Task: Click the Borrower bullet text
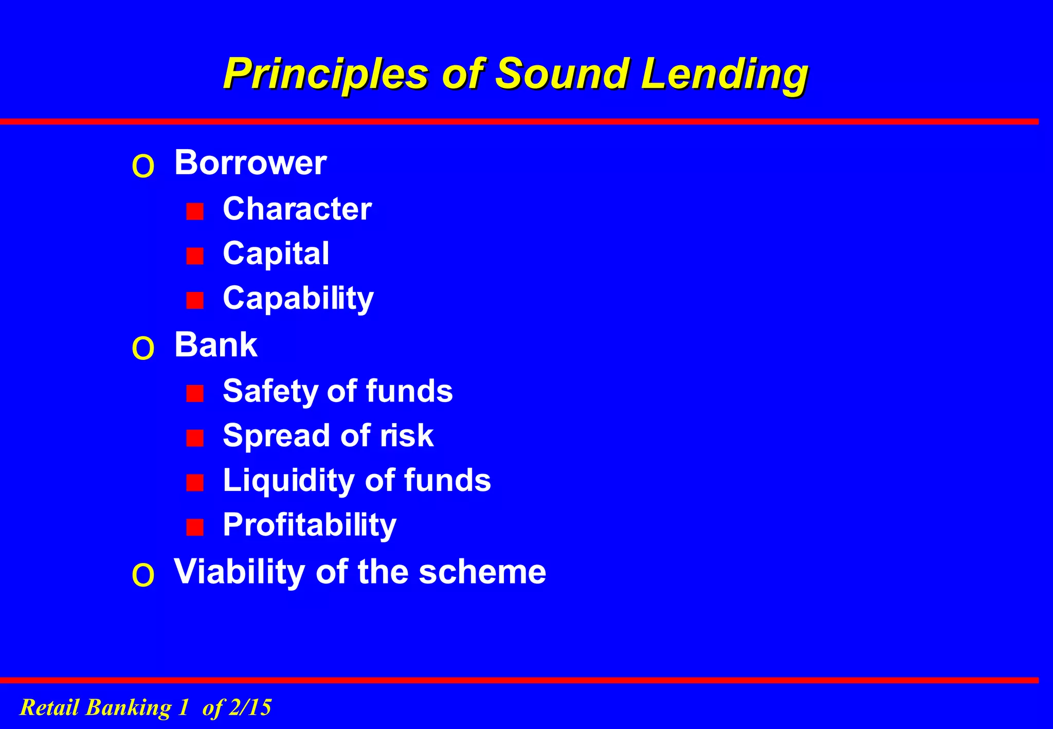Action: (250, 163)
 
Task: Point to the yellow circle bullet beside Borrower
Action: (143, 167)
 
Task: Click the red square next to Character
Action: (195, 211)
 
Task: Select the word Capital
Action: (276, 254)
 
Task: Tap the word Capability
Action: (298, 299)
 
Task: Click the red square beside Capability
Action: (195, 300)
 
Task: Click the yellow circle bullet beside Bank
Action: (143, 349)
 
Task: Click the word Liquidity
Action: (288, 481)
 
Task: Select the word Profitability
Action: (310, 525)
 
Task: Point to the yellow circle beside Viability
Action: (143, 575)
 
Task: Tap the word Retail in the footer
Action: (49, 707)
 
